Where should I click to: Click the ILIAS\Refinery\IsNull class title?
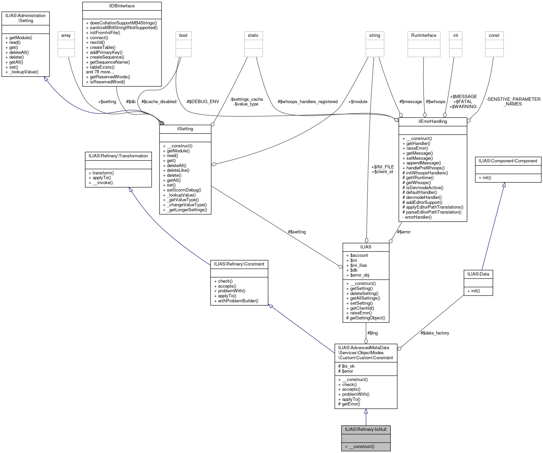point(366,429)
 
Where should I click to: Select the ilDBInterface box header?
point(122,6)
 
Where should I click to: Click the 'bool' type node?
point(183,35)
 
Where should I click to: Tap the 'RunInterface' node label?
point(424,35)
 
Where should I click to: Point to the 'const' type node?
point(494,35)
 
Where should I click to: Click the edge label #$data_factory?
point(435,333)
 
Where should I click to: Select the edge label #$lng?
point(372,333)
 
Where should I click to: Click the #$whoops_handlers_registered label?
point(307,101)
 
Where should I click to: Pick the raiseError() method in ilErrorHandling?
point(417,148)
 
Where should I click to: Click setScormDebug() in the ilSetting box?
point(184,190)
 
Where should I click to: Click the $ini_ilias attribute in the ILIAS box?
point(358,265)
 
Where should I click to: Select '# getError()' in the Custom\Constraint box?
point(349,404)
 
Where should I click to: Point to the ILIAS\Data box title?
point(478,274)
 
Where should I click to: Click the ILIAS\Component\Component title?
point(508,161)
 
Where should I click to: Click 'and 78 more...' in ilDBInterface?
point(100,72)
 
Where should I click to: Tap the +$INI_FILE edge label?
point(382,167)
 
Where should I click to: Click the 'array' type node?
point(66,35)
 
